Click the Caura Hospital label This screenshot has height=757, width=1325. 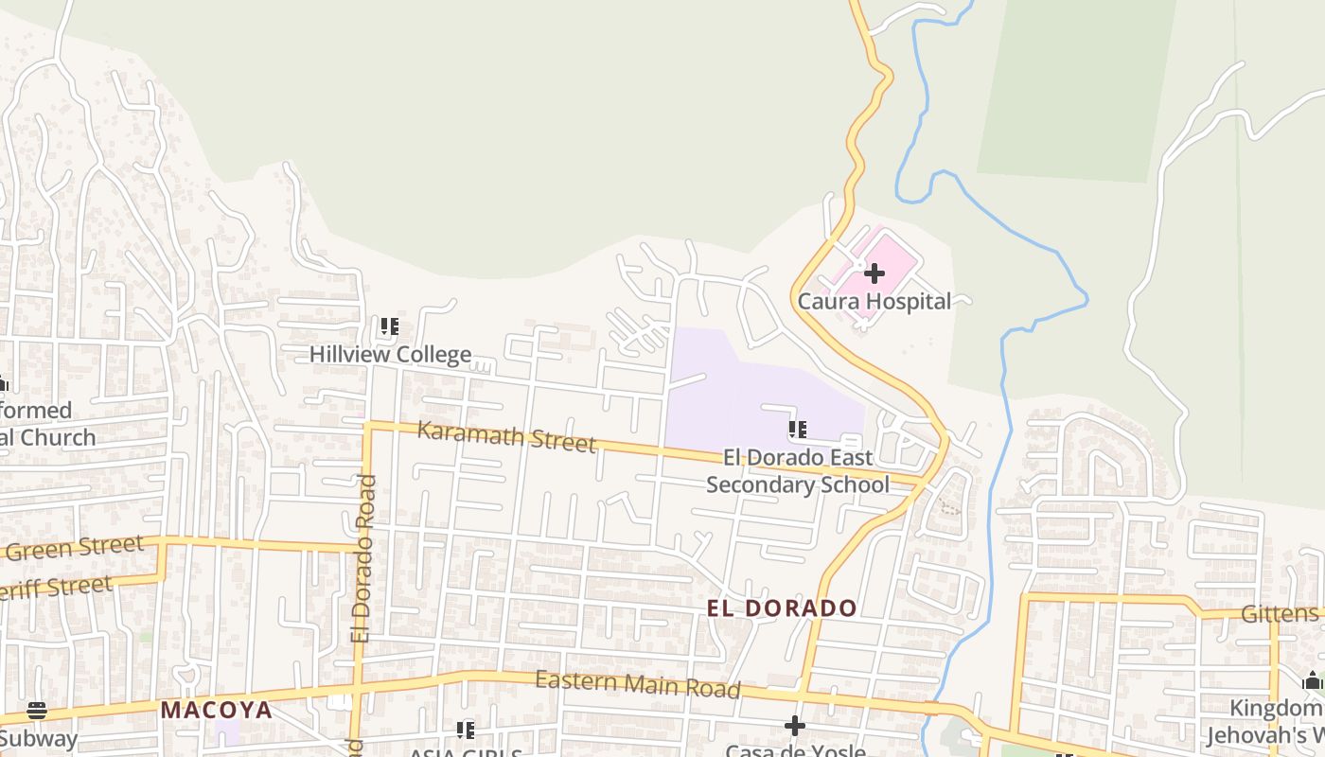click(874, 302)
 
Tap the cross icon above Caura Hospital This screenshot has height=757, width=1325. click(874, 274)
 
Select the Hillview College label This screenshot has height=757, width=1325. click(390, 355)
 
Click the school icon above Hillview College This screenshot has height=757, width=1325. click(389, 327)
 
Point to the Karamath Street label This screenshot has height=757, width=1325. click(506, 437)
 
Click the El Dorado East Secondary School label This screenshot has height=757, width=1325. click(798, 471)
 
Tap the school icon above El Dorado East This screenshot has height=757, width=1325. click(798, 430)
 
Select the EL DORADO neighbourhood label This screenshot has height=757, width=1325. click(782, 608)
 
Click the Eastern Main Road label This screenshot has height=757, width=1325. click(637, 684)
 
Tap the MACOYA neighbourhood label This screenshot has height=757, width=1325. click(216, 710)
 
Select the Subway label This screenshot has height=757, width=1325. click(38, 738)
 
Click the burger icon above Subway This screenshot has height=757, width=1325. click(37, 711)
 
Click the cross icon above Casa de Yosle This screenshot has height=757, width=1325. click(795, 726)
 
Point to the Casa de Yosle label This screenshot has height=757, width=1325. click(795, 750)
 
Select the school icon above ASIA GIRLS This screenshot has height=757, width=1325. click(465, 731)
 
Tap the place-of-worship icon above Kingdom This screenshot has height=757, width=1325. click(1312, 680)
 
